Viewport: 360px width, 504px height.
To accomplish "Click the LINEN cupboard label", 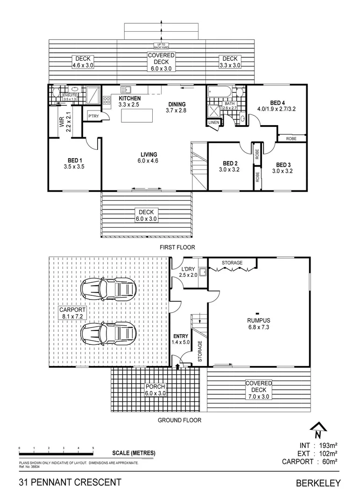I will (214, 122).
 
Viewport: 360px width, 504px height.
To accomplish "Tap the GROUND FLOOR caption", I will (179, 420).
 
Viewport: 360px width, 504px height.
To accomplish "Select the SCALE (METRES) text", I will (134, 453).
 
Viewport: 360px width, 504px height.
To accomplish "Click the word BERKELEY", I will (318, 483).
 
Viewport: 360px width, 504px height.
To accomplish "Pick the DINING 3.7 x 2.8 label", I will (176, 107).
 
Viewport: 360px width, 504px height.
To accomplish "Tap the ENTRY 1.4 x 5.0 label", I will (180, 339).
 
